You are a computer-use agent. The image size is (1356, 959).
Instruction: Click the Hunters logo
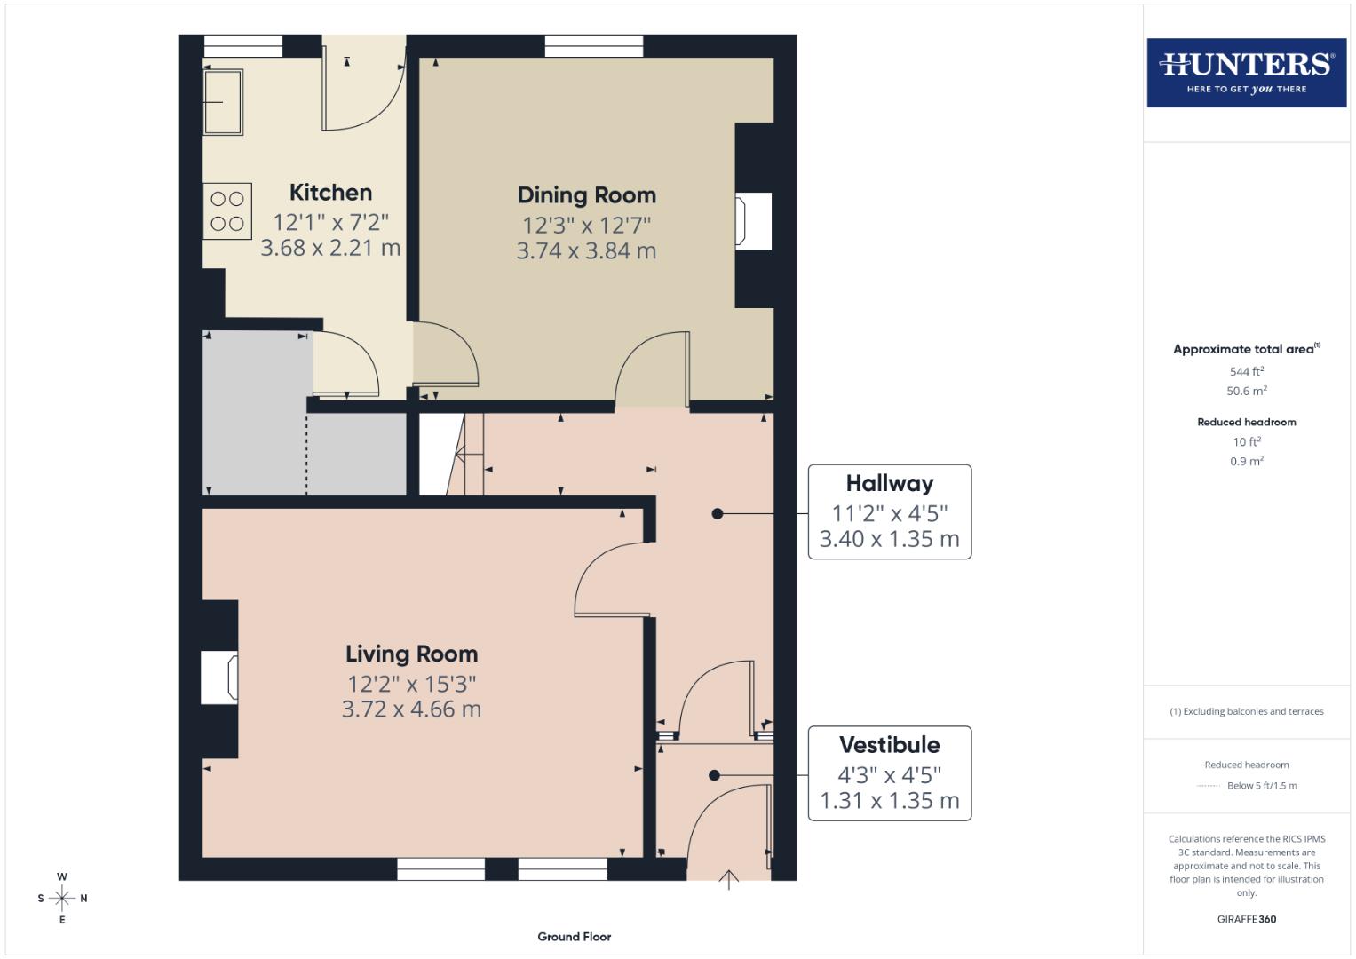click(1246, 72)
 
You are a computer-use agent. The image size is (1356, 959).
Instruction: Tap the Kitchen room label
click(330, 193)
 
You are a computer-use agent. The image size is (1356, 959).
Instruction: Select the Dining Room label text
click(586, 195)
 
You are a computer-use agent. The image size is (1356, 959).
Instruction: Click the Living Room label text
click(411, 654)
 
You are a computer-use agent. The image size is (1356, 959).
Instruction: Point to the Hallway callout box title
click(889, 484)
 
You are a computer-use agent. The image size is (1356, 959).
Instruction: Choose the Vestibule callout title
click(889, 745)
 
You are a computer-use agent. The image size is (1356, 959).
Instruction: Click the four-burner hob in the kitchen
click(227, 211)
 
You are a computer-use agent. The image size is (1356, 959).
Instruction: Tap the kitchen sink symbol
click(223, 102)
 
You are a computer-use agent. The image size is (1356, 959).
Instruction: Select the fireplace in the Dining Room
click(753, 221)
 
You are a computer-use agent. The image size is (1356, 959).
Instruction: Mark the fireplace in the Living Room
click(219, 678)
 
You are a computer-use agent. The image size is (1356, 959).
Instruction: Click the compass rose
click(62, 898)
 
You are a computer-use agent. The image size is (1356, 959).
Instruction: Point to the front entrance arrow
click(728, 879)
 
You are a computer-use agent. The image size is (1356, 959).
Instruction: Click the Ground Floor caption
click(574, 937)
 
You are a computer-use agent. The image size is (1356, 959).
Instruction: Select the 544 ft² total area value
click(1246, 372)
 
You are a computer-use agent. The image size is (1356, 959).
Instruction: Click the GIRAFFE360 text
click(1246, 919)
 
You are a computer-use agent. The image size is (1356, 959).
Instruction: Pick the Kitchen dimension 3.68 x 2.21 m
click(330, 248)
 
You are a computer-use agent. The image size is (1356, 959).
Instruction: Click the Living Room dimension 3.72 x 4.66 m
click(411, 709)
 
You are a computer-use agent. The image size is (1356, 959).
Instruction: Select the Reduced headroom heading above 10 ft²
click(1246, 423)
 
